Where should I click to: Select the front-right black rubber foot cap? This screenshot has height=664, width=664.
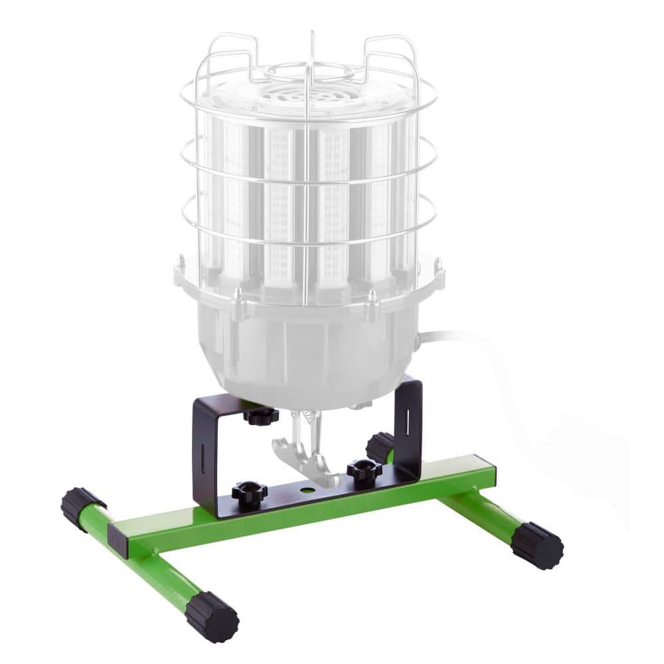[x=537, y=545]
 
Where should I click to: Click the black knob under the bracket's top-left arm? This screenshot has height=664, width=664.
[x=260, y=417]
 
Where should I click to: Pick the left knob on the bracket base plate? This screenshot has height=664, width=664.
[x=249, y=493]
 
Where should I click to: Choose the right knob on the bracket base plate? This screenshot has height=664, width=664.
[x=364, y=472]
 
